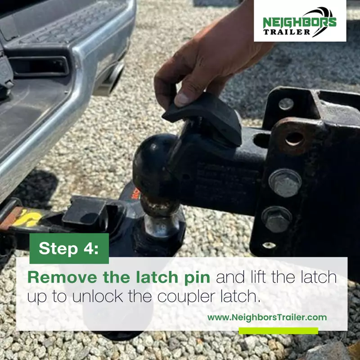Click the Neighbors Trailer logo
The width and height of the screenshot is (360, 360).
(300, 21)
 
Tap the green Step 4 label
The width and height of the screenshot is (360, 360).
(69, 248)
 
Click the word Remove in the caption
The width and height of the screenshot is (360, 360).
(62, 277)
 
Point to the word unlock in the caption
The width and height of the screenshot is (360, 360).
(98, 297)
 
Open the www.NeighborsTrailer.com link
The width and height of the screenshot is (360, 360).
(267, 318)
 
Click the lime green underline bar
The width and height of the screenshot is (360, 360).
(278, 331)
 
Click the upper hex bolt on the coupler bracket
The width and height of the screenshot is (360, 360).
(285, 183)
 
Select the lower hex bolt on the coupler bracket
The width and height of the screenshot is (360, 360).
(277, 219)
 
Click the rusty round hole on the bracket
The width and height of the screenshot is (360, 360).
(295, 139)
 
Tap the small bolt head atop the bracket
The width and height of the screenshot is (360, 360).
(286, 104)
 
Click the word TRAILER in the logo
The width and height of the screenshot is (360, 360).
(287, 32)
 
